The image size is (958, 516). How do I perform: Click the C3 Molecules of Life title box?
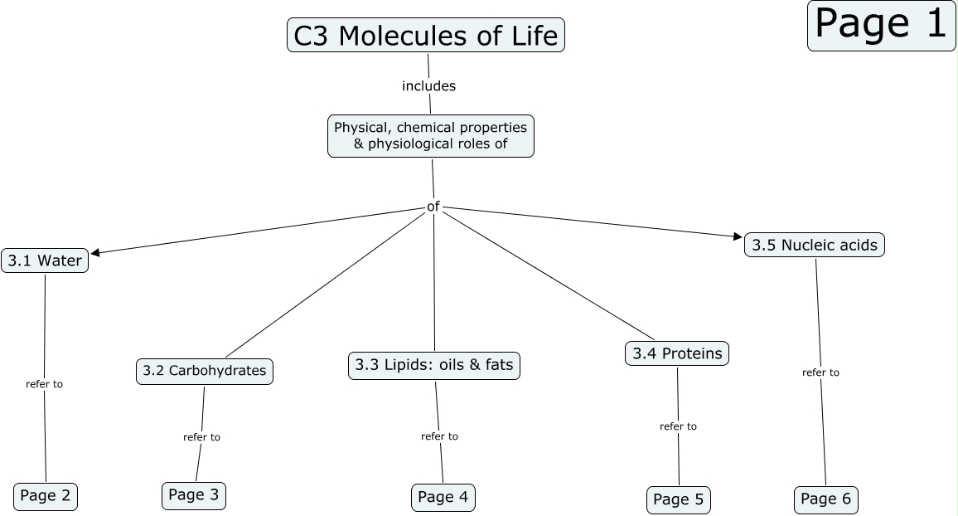pyautogui.click(x=426, y=36)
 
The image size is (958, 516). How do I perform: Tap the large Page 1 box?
pyautogui.click(x=881, y=25)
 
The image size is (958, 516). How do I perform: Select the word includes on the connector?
pyautogui.click(x=428, y=85)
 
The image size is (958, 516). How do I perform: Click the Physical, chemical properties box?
pyautogui.click(x=431, y=136)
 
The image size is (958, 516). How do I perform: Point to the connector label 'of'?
pyautogui.click(x=433, y=206)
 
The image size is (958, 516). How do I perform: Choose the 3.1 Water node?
pyautogui.click(x=45, y=260)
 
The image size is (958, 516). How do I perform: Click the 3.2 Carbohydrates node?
pyautogui.click(x=204, y=371)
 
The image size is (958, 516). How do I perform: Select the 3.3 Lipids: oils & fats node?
pyautogui.click(x=434, y=365)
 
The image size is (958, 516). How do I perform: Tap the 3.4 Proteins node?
pyautogui.click(x=677, y=353)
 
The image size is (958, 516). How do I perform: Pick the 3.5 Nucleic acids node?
pyautogui.click(x=815, y=245)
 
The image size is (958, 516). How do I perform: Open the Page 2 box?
pyautogui.click(x=46, y=496)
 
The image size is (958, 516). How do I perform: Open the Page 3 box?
pyautogui.click(x=193, y=495)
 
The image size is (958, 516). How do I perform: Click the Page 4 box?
pyautogui.click(x=443, y=497)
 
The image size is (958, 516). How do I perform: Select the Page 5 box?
pyautogui.click(x=678, y=499)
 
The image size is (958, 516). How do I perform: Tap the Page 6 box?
pyautogui.click(x=825, y=499)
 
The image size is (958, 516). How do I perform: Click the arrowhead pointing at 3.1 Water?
pyautogui.click(x=95, y=252)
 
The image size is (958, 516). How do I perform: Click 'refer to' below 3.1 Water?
pyautogui.click(x=44, y=384)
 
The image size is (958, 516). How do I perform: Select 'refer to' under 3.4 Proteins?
pyautogui.click(x=678, y=426)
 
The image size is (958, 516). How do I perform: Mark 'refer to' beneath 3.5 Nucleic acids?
pyautogui.click(x=820, y=372)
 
